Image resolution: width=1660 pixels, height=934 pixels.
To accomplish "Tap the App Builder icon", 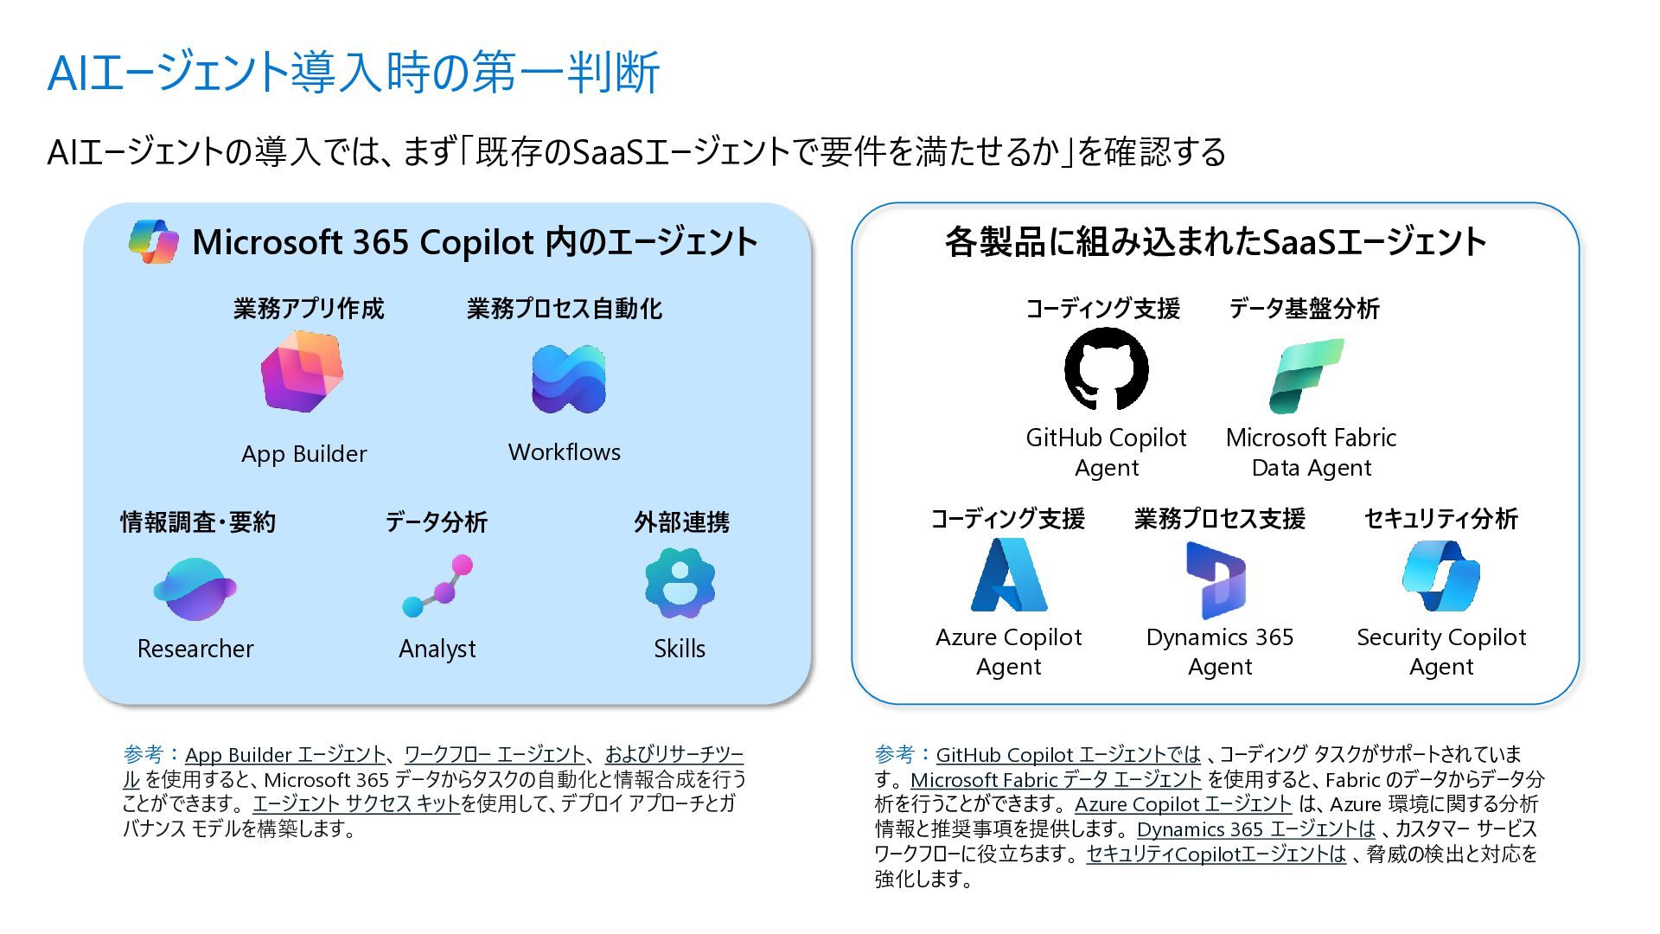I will (x=303, y=372).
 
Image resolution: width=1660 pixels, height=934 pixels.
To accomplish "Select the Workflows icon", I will (x=568, y=380).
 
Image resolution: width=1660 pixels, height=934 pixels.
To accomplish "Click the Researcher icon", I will (x=195, y=589).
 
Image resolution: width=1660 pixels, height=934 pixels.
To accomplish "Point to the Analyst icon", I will (x=438, y=585).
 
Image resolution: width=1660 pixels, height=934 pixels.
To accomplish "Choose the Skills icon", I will (x=680, y=583).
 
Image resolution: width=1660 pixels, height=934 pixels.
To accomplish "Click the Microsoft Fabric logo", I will (x=1306, y=375).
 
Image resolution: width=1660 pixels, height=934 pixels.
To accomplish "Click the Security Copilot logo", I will (x=1440, y=576).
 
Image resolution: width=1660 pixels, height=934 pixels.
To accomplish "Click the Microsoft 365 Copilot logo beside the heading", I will (x=154, y=241).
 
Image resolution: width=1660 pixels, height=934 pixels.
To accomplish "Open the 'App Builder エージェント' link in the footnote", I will (x=285, y=755).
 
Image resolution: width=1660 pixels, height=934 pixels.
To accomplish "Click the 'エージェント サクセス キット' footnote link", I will (x=355, y=804).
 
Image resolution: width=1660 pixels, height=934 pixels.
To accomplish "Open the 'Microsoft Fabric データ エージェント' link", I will (x=1056, y=780).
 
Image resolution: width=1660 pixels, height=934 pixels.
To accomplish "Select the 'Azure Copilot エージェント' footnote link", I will (x=1183, y=804).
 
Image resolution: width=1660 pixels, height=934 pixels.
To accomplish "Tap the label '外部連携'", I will (x=681, y=522).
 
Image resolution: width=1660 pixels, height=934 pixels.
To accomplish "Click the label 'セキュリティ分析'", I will (x=1440, y=519).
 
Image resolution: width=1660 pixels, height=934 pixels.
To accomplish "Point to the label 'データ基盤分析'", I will (x=1304, y=309).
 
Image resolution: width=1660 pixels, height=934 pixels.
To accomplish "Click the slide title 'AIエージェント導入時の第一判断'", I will (x=354, y=73).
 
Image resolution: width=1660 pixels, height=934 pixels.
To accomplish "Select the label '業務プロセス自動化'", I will (x=565, y=309).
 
